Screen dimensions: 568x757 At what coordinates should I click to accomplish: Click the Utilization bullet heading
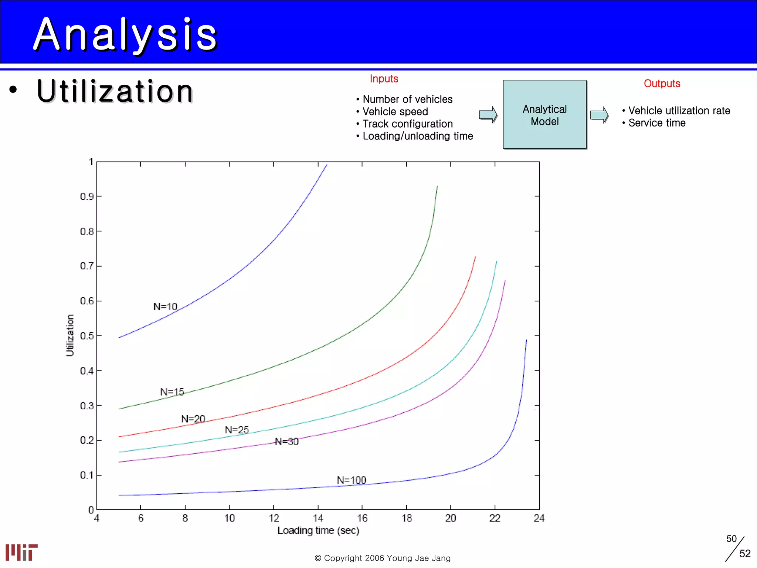point(115,91)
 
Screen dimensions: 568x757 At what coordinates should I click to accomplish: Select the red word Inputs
point(384,79)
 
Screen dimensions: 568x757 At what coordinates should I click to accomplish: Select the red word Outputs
point(662,84)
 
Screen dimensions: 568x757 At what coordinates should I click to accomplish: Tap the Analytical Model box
point(544,115)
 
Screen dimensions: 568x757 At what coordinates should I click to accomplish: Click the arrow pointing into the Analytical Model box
point(488,115)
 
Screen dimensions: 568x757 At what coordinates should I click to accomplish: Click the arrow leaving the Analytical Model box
point(599,115)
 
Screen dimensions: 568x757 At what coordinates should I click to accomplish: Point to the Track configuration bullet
point(407,124)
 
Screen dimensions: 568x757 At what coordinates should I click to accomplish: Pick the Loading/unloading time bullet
point(418,136)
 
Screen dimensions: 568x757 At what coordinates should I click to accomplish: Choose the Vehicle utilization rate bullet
point(679,111)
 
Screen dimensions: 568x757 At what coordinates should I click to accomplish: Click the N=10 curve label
point(165,307)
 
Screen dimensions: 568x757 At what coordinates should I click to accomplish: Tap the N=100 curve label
point(351,480)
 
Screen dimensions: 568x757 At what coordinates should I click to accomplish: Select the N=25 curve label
point(237,430)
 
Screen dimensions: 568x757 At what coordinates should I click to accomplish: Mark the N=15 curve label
point(172,392)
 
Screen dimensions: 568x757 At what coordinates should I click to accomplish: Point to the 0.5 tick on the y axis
point(87,336)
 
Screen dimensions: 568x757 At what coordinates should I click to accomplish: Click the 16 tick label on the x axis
point(362,518)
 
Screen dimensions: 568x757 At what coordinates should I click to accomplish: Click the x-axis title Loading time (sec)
point(318,530)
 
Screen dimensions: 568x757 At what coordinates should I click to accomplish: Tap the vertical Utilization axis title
point(70,335)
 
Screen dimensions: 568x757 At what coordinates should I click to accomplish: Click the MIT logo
point(21,552)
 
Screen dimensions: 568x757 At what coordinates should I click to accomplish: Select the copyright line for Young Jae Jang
point(383,558)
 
